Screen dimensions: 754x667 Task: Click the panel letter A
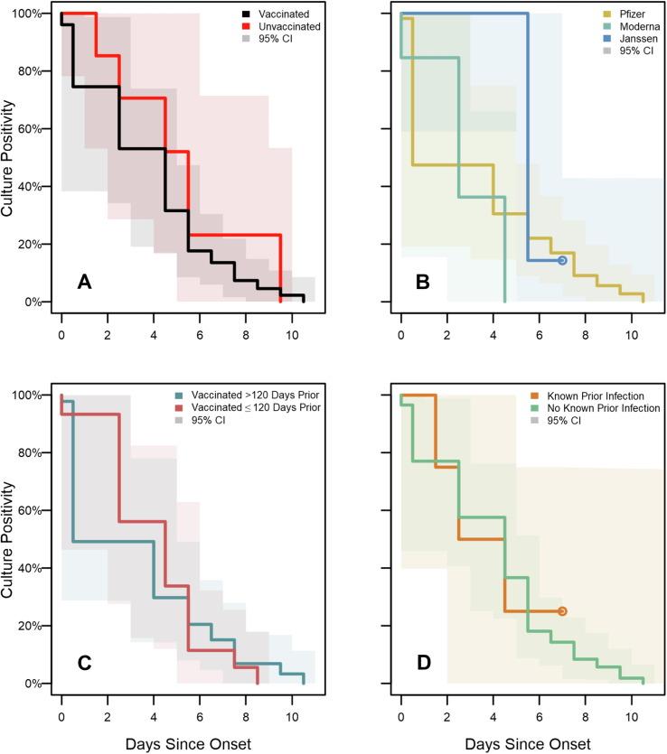[85, 283]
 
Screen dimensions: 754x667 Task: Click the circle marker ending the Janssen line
[562, 260]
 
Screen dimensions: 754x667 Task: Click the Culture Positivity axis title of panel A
[10, 158]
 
